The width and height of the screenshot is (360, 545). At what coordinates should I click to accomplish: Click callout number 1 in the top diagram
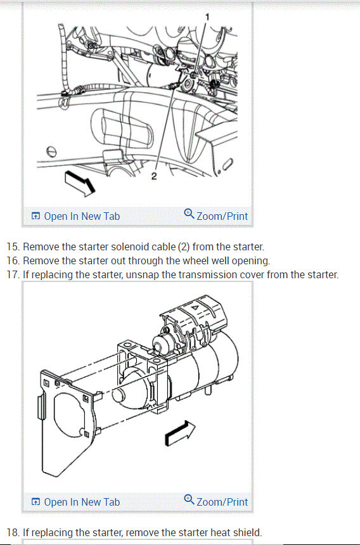(207, 16)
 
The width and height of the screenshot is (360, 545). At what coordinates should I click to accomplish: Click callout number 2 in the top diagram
(154, 176)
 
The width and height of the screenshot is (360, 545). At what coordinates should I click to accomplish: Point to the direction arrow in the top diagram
(80, 183)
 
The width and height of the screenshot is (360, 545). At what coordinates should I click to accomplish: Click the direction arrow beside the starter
(179, 433)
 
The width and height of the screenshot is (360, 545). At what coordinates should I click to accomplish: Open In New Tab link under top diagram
(75, 216)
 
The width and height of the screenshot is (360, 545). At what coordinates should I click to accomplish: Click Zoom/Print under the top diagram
(215, 215)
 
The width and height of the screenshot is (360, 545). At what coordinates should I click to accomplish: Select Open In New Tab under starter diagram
(75, 503)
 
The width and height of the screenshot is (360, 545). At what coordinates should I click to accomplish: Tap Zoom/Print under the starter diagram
(215, 501)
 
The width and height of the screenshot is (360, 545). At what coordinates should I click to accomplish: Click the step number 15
(13, 247)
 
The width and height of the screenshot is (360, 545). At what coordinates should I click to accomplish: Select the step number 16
(13, 260)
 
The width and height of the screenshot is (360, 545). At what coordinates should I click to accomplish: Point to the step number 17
(13, 274)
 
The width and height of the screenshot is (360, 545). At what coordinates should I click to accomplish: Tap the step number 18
(13, 532)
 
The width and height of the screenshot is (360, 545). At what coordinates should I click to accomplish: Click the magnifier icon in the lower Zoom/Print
(190, 499)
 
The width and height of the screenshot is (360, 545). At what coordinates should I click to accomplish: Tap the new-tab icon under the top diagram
(35, 216)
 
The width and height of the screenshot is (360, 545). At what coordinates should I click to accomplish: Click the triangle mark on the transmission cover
(195, 307)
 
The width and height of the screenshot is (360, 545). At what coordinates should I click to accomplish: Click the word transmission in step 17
(221, 274)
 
